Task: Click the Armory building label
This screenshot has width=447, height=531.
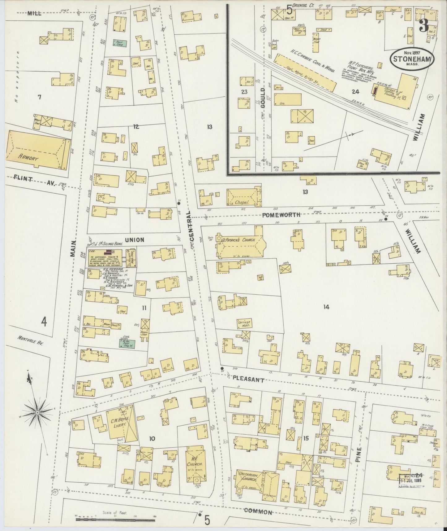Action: [28, 158]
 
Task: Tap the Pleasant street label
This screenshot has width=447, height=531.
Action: [248, 380]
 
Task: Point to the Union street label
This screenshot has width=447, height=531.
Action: [135, 239]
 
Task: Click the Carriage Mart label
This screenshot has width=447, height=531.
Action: [244, 323]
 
